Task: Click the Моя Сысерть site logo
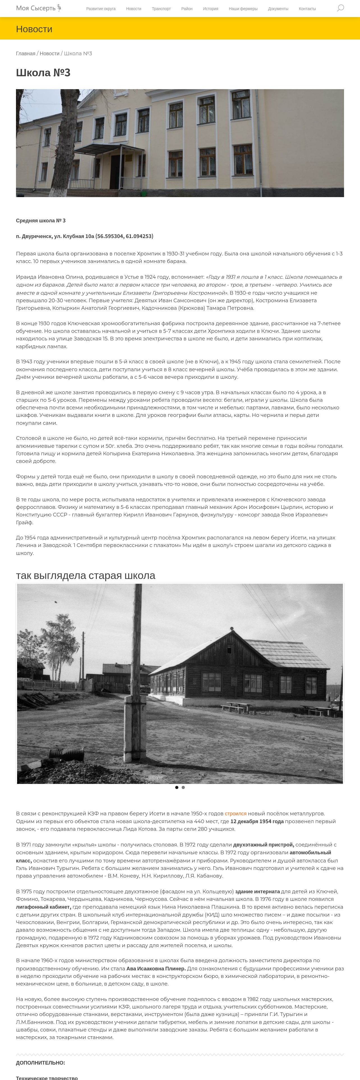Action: [x=39, y=8]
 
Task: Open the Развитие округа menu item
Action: [x=101, y=9]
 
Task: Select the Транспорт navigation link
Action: [x=161, y=9]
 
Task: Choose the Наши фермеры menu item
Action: [x=243, y=9]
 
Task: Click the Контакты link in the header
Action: [x=307, y=9]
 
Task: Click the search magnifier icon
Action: [x=340, y=8]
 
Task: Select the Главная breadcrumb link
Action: [x=26, y=54]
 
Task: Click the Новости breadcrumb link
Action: [x=49, y=54]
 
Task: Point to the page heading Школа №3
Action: [x=43, y=73]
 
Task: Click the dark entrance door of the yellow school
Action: [x=114, y=172]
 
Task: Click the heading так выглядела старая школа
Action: [x=86, y=575]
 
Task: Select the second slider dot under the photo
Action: [x=183, y=787]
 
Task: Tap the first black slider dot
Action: [x=176, y=787]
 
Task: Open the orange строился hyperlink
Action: [x=236, y=813]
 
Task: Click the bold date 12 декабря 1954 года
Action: [x=257, y=821]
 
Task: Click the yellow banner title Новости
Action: [x=34, y=29]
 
